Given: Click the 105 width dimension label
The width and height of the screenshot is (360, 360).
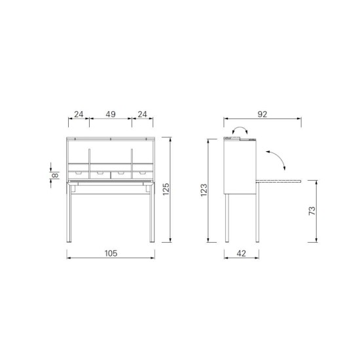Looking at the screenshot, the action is point(111,253).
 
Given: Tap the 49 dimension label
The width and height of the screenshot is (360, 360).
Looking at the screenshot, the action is point(111,114).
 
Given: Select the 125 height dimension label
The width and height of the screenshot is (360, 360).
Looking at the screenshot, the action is point(166,189).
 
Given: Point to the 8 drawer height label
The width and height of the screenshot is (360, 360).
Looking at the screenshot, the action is point(56,175).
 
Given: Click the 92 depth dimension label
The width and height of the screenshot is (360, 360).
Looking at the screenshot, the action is point(262,114).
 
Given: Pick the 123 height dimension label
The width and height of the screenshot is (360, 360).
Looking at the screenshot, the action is point(204,190).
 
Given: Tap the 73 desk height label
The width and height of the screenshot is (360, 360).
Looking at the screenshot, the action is point(312,211).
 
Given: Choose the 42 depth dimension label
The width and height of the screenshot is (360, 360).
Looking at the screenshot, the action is point(241,253).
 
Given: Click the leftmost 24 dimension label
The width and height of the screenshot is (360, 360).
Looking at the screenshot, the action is point(79,114).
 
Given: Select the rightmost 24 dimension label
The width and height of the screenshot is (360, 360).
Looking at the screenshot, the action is point(142,114).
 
